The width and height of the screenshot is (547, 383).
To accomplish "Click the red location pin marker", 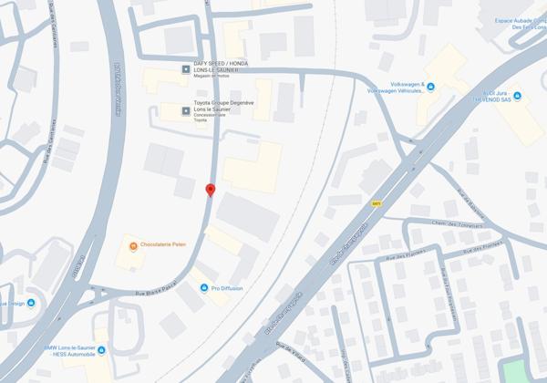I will (211, 190).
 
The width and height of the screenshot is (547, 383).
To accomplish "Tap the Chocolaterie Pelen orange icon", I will (133, 246).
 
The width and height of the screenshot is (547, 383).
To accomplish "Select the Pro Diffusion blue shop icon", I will (204, 288).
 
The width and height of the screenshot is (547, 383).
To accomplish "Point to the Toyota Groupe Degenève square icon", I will (186, 111).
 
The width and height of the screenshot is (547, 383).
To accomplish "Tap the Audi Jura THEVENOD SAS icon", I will (517, 97).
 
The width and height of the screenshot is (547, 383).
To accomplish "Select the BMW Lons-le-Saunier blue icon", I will (101, 350).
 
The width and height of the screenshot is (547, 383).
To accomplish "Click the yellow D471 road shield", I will (377, 204).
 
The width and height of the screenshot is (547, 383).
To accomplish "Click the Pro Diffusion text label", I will (228, 288).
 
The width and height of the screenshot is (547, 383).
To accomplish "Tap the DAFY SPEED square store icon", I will (186, 68).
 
